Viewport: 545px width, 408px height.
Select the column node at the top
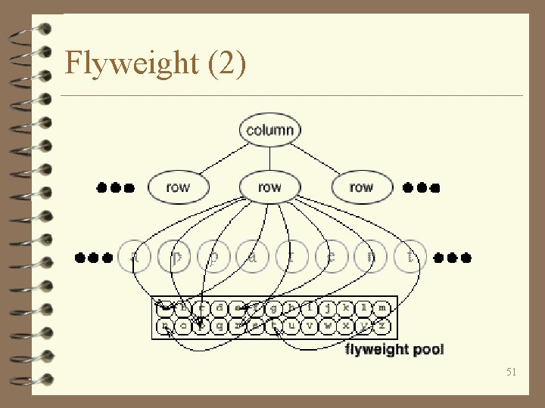[269, 129]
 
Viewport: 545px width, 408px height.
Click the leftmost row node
[177, 187]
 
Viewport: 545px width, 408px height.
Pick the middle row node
[269, 187]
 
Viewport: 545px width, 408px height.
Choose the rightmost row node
[361, 187]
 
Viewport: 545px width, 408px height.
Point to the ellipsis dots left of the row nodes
[116, 187]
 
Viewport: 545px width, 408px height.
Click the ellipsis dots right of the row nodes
[421, 187]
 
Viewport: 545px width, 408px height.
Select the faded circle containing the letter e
[332, 257]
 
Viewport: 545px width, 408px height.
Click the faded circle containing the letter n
[371, 257]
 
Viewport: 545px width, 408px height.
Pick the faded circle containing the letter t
[410, 257]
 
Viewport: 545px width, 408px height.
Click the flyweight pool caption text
[394, 349]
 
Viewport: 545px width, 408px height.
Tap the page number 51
[512, 372]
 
